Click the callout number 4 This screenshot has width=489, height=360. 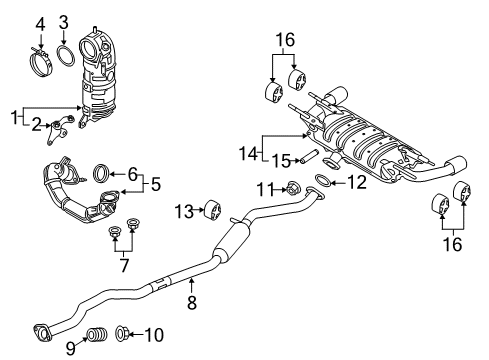coord(40,24)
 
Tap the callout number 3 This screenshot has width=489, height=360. coord(64,22)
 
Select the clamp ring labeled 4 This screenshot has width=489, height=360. coord(41,62)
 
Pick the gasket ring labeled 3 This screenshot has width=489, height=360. coord(66,56)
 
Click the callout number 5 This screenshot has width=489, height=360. coord(156,184)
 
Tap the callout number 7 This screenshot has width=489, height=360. coord(124,266)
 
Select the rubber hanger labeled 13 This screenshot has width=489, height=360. coord(212,210)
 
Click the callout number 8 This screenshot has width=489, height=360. coord(192,303)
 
